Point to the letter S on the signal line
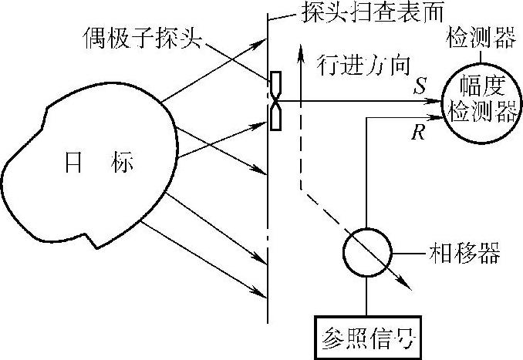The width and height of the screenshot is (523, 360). (x=418, y=88)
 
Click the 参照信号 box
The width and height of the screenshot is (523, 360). (x=365, y=335)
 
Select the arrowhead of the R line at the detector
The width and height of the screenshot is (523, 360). (x=443, y=117)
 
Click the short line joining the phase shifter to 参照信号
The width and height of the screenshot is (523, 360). (x=365, y=295)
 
